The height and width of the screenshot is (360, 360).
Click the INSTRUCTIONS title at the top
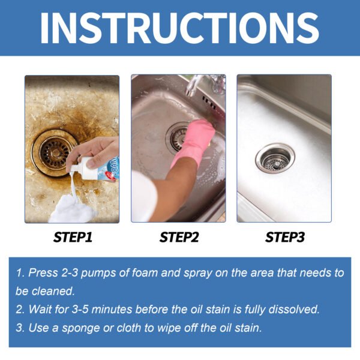(x=180, y=27)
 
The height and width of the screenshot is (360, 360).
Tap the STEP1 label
(x=73, y=238)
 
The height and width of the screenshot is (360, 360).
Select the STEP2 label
(x=179, y=238)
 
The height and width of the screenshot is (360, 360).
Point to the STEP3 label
(x=285, y=238)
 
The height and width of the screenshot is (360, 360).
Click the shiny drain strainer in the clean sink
(x=275, y=158)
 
